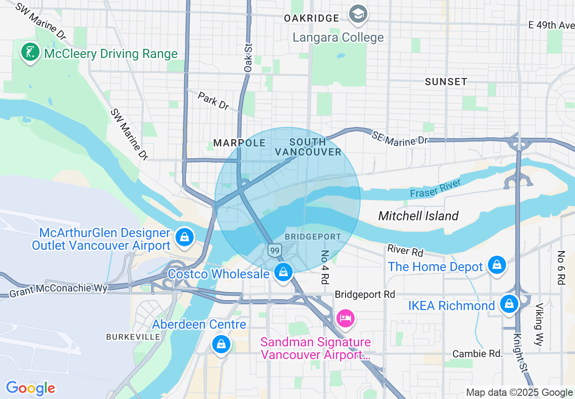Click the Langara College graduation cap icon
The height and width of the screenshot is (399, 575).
pos(358,14)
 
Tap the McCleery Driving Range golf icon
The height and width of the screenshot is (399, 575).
pos(29,53)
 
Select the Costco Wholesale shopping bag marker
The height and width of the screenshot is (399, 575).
pos(283,272)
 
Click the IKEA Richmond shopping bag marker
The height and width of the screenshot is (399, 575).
pos(509,303)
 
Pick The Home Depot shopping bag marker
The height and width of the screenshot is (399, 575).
pos(497,264)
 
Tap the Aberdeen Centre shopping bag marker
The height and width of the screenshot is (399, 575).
pos(221,345)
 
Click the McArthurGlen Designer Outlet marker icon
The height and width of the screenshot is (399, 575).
pos(185,237)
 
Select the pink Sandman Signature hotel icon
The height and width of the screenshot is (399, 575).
pos(345,318)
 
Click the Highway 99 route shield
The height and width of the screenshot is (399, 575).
pos(274,250)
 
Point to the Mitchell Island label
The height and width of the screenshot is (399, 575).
pos(418,216)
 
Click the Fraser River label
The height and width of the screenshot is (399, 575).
pos(435,188)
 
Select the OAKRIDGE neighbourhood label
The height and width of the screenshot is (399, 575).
pos(312,18)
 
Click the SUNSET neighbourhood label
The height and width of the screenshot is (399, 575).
pos(446,82)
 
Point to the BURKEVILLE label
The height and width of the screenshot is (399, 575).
pos(133,337)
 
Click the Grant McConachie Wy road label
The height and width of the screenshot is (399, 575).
pos(58,288)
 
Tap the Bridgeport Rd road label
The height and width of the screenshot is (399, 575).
pos(365,294)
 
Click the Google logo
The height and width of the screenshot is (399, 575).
pos(30,388)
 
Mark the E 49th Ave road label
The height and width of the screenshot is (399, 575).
pos(551,25)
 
